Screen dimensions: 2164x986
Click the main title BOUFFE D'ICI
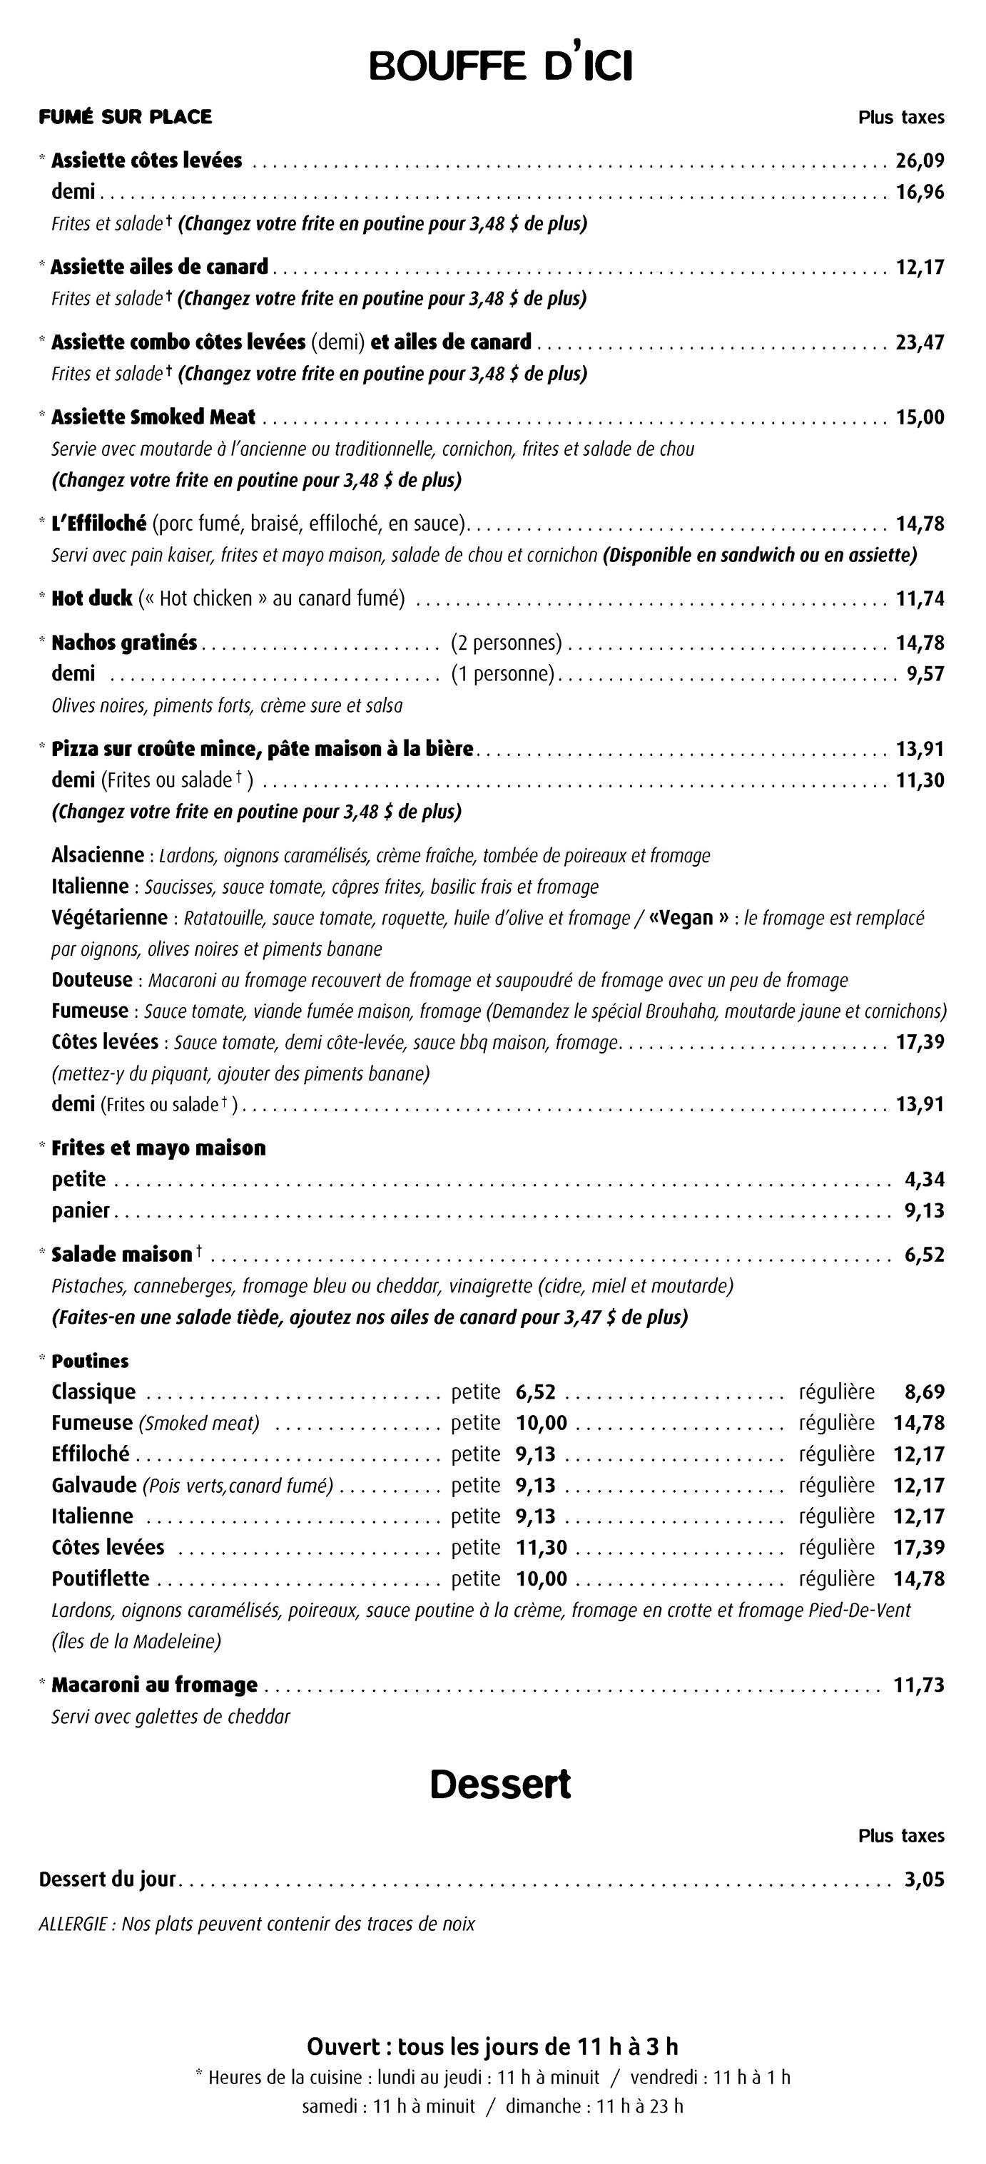500,66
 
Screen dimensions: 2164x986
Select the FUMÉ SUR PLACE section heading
126,117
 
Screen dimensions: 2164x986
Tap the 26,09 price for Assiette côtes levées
920,160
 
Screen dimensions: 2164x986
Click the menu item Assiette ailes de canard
159,267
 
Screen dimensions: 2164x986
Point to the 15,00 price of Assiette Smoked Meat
920,417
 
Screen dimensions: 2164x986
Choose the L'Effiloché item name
99,524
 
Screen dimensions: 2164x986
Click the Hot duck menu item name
91,599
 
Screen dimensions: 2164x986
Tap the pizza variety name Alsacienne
98,855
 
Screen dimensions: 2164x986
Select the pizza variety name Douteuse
91,980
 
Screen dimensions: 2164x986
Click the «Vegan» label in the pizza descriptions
688,917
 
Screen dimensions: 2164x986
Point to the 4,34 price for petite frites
925,1180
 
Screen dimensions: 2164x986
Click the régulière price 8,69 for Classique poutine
925,1392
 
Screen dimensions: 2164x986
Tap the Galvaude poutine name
93,1485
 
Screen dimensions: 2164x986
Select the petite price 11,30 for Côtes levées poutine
542,1547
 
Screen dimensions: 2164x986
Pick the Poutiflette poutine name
100,1578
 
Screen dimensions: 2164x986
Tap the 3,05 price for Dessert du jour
925,1880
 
